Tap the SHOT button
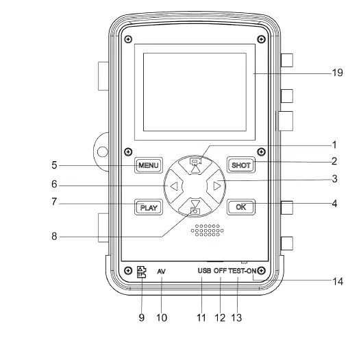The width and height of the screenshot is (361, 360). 241,165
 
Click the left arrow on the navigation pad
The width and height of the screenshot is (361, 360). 174,185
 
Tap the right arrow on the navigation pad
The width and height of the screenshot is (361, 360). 216,185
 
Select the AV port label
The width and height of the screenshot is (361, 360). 162,272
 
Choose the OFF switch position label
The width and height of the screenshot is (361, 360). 220,272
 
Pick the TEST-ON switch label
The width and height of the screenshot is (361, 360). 243,272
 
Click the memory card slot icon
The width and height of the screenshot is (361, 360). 141,272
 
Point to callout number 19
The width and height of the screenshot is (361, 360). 337,72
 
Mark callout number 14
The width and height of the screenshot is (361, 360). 337,280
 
